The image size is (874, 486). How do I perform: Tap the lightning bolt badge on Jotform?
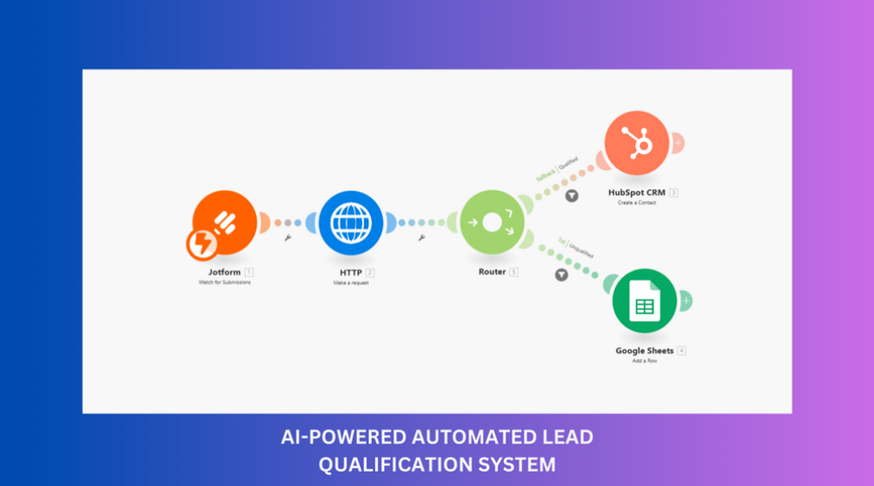pyautogui.click(x=200, y=245)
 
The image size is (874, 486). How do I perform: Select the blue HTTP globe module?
pyautogui.click(x=351, y=222)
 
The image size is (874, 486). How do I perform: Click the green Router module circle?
pyautogui.click(x=492, y=222)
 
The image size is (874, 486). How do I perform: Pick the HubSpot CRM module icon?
pyautogui.click(x=637, y=143)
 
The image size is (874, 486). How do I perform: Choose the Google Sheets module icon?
pyautogui.click(x=644, y=301)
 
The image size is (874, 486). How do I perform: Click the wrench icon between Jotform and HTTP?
pyautogui.click(x=288, y=238)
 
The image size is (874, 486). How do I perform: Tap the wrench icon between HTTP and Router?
pyautogui.click(x=421, y=238)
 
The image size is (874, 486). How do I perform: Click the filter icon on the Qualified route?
pyautogui.click(x=572, y=195)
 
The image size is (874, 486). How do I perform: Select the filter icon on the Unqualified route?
pyautogui.click(x=562, y=275)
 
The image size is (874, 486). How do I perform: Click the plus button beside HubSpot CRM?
pyautogui.click(x=678, y=143)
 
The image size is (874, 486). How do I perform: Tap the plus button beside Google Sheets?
pyautogui.click(x=685, y=300)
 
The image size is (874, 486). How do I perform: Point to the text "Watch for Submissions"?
pyautogui.click(x=224, y=282)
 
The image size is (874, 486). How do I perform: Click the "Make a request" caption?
pyautogui.click(x=351, y=283)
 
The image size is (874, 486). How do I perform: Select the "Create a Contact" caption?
pyautogui.click(x=637, y=203)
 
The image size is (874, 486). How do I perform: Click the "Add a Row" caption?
pyautogui.click(x=645, y=361)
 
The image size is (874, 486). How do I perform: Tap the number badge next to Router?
pyautogui.click(x=513, y=273)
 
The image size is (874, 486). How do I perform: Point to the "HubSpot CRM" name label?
pyautogui.click(x=637, y=193)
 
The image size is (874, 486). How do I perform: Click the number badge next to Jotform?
pyautogui.click(x=249, y=273)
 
